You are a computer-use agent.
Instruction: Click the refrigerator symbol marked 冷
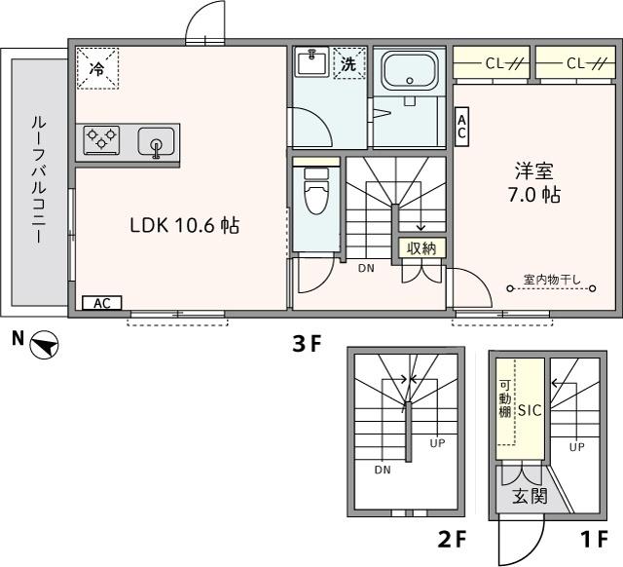97,69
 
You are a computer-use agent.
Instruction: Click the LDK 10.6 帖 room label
185,226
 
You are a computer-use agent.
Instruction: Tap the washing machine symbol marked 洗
348,64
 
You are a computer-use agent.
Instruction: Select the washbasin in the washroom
311,63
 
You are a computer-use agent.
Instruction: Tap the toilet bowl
315,193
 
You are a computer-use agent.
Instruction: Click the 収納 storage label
421,247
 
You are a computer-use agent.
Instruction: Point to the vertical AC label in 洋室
462,123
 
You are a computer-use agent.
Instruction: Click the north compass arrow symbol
44,344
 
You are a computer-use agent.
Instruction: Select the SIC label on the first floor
529,410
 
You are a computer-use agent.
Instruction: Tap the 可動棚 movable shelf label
504,399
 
